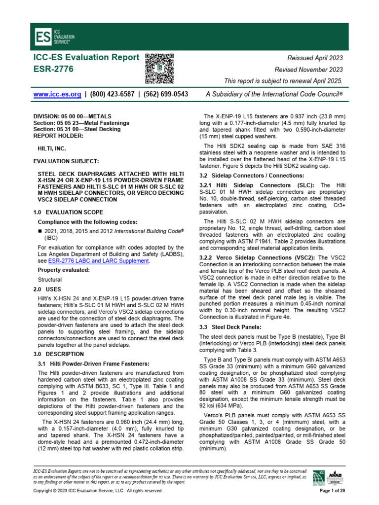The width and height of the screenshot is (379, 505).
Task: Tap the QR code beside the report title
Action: click(x=159, y=69)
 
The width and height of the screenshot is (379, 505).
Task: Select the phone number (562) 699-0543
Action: click(x=164, y=94)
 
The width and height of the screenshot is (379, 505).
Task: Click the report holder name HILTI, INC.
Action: click(x=53, y=147)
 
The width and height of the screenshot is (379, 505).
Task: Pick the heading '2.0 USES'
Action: click(x=47, y=289)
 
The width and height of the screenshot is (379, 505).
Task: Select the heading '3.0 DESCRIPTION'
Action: click(x=58, y=354)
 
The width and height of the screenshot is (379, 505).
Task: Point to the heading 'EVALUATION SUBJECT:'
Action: click(x=63, y=161)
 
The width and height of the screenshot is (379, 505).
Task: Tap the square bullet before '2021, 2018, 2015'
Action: click(x=40, y=231)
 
